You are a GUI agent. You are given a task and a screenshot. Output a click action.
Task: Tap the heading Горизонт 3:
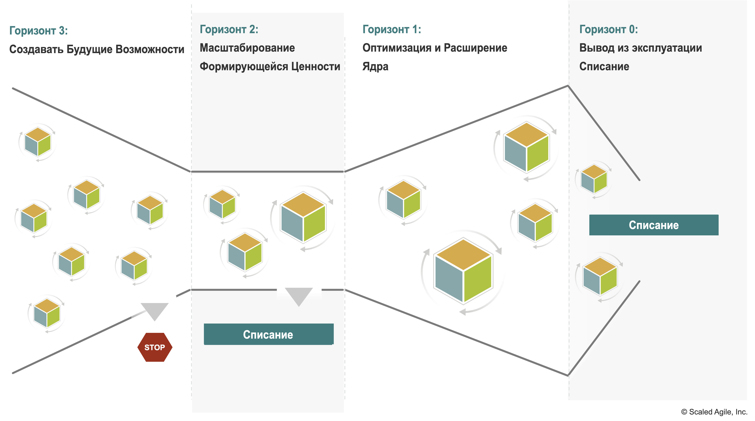tap(38, 30)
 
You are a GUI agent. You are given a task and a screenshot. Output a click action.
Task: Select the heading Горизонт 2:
tap(229, 29)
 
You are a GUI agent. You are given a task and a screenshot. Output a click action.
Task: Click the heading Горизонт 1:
tap(392, 29)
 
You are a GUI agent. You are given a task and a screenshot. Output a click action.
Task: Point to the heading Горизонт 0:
tap(608, 29)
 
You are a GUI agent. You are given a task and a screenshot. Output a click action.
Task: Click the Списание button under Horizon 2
tap(268, 334)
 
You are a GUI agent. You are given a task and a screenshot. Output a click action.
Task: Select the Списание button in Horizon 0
tap(654, 225)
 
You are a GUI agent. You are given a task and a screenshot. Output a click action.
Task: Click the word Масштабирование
tap(247, 48)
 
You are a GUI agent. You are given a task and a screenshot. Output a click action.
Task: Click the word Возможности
tap(150, 49)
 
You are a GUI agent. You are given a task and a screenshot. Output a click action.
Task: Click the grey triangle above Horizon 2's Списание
tap(299, 296)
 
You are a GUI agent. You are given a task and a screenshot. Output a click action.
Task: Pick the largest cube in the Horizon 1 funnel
tap(463, 271)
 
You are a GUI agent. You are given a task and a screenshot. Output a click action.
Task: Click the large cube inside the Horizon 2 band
tap(303, 217)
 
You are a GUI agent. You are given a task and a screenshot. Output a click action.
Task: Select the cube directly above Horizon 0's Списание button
tap(594, 179)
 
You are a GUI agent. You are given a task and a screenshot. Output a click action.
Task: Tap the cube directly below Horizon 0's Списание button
tap(600, 276)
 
